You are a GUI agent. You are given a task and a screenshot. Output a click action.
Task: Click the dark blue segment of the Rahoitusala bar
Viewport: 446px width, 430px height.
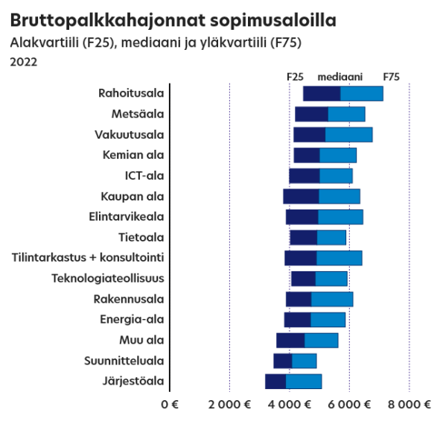(322, 93)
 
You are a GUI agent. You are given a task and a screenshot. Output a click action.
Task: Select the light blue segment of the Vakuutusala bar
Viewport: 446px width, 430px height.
(348, 135)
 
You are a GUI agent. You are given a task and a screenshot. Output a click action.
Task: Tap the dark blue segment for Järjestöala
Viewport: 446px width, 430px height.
(275, 382)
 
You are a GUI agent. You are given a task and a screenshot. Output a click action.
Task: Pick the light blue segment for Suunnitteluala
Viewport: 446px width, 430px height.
(305, 361)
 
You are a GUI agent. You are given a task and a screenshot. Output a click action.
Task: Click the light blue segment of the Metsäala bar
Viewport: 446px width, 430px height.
(347, 114)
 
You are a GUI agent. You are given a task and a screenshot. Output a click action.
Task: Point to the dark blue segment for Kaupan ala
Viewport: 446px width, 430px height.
(302, 197)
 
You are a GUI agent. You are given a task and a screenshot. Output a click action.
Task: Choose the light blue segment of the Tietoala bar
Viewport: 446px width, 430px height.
(331, 238)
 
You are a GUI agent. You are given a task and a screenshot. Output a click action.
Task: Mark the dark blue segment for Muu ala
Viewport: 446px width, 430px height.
(290, 341)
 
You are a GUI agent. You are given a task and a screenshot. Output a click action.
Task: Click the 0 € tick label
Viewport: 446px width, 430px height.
(170, 405)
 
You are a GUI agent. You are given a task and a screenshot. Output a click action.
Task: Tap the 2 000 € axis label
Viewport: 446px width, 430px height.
(229, 405)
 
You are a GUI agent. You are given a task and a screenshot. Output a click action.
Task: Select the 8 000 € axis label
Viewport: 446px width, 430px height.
(410, 405)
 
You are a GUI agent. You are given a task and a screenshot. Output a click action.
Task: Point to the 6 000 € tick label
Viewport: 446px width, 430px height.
(349, 405)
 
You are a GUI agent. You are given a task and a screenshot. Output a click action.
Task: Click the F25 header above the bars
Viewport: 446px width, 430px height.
(295, 77)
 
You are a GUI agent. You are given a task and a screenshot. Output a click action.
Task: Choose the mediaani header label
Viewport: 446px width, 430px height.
(340, 77)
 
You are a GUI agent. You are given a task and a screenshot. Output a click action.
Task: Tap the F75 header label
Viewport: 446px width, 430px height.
(392, 77)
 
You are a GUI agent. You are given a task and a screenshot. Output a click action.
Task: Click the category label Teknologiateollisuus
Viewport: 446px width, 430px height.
(108, 278)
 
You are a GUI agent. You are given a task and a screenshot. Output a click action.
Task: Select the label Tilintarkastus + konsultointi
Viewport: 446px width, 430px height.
(88, 257)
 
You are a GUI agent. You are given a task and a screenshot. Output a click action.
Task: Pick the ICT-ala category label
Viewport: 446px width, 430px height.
(144, 176)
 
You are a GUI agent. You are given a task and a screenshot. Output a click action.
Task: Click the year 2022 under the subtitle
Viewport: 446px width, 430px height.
(24, 62)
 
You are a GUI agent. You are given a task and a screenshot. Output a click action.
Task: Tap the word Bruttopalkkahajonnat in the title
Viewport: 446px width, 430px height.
(108, 21)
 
